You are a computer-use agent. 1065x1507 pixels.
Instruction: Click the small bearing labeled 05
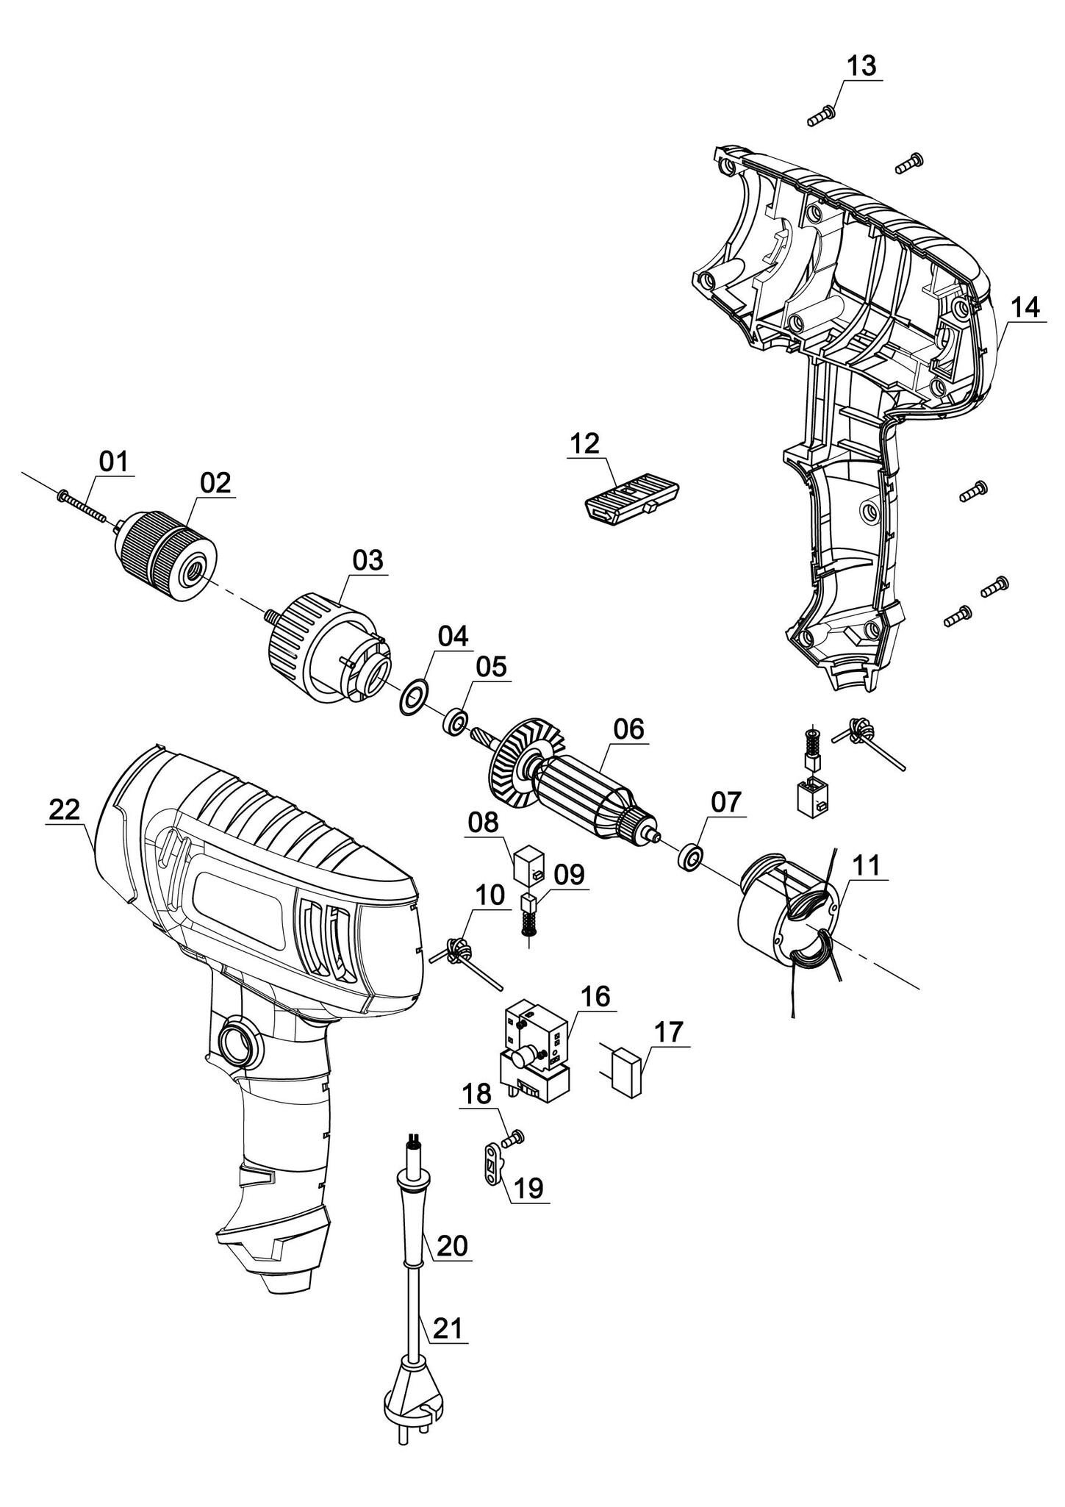coord(455,721)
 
